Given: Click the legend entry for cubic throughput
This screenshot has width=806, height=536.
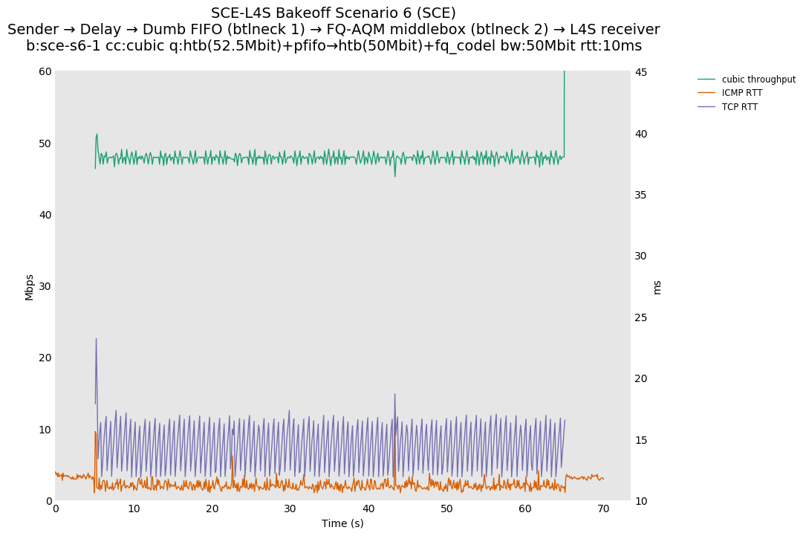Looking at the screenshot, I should click(758, 80).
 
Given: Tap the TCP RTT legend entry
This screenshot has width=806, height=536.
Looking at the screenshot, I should click(740, 107).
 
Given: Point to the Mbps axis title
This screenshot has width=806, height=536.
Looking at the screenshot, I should click(30, 286).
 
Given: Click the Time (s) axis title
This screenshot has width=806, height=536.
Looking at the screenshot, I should click(342, 523).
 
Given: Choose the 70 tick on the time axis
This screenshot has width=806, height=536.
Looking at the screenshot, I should click(603, 508).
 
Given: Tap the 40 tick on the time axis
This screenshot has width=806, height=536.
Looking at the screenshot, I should click(368, 508).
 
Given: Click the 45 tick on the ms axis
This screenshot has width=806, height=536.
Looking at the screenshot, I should click(640, 72).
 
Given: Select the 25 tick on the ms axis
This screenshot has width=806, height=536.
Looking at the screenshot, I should click(640, 317).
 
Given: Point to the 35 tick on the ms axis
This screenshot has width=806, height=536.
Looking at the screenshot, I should click(640, 195).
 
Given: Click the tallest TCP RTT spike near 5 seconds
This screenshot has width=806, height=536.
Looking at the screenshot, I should click(96, 339).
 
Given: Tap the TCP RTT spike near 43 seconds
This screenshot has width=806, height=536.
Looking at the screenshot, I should click(394, 394).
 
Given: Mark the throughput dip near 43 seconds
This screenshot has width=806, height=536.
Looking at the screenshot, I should click(394, 175).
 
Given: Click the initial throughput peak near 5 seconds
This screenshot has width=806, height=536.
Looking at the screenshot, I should click(97, 135).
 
